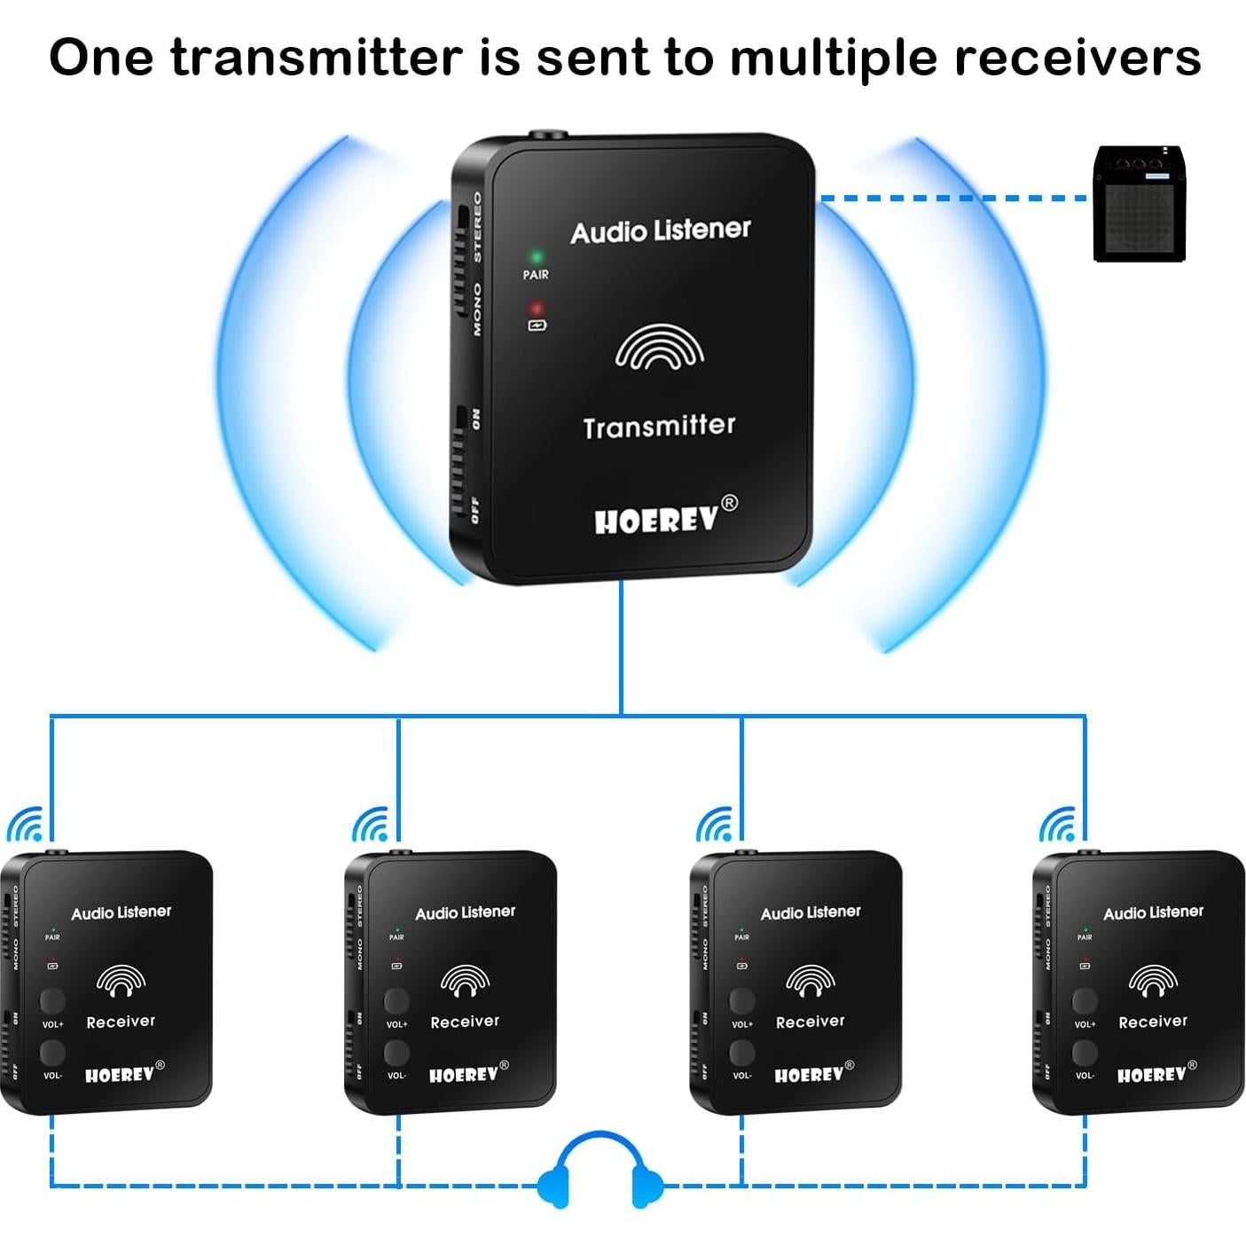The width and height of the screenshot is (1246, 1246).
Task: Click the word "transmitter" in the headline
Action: (316, 58)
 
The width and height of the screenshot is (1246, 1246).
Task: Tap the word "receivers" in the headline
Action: (1077, 58)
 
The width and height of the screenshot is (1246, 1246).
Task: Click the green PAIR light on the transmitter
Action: (536, 257)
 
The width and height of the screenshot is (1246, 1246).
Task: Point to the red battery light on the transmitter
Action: (536, 310)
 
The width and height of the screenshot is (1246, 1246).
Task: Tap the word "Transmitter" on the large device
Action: (659, 427)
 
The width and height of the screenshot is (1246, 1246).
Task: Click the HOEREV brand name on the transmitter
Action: (656, 520)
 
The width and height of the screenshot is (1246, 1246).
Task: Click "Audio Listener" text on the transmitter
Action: (660, 231)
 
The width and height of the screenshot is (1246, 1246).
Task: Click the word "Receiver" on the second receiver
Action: (465, 1022)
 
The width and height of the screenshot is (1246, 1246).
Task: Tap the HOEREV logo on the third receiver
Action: (809, 1075)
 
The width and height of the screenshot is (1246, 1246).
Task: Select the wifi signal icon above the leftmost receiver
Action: (26, 825)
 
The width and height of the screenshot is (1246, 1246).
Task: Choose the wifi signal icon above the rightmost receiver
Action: (1058, 825)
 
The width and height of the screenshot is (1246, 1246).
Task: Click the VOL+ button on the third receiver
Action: (741, 999)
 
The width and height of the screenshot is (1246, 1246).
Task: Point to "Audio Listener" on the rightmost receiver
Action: (1153, 913)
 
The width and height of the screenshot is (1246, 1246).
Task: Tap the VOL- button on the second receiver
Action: (396, 1053)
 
